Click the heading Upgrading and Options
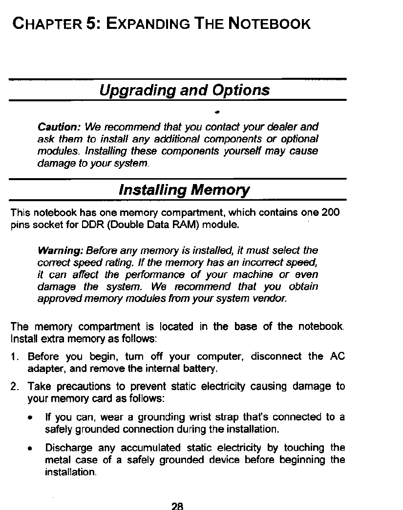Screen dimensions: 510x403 (184, 91)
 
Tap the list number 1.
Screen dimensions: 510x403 (15, 356)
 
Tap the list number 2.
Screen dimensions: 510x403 (15, 387)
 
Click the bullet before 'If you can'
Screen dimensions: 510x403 (31, 418)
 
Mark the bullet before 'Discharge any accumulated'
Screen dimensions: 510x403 (31, 448)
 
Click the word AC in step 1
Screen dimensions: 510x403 (338, 356)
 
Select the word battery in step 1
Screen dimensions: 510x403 (194, 368)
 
